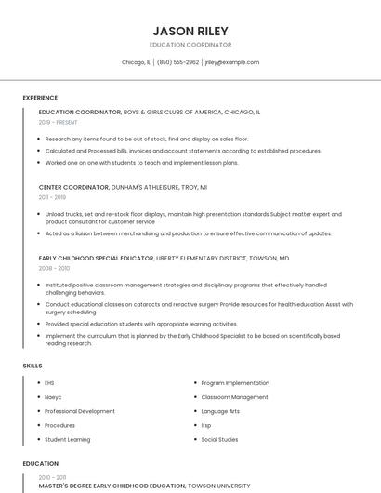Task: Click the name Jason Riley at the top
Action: click(x=190, y=31)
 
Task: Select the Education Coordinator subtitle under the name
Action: click(x=190, y=45)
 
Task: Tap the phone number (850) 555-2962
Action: click(x=177, y=62)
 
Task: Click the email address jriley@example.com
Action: click(x=231, y=62)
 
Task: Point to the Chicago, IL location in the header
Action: click(x=136, y=62)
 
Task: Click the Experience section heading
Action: click(x=40, y=98)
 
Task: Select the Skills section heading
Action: click(x=33, y=366)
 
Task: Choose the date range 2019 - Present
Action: click(x=58, y=122)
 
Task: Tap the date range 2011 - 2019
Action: click(x=52, y=197)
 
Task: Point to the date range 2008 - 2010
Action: click(x=53, y=268)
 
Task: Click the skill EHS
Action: click(x=49, y=382)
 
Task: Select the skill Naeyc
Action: click(x=53, y=397)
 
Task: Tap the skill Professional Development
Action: click(x=80, y=411)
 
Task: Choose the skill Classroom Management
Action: click(x=234, y=397)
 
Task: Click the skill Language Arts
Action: click(x=220, y=411)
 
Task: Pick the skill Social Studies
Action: click(x=220, y=439)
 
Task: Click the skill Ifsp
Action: click(x=206, y=425)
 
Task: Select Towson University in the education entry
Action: click(x=219, y=486)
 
